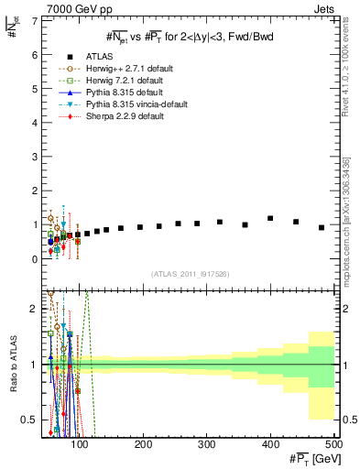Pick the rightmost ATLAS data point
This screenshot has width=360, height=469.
point(322,227)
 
